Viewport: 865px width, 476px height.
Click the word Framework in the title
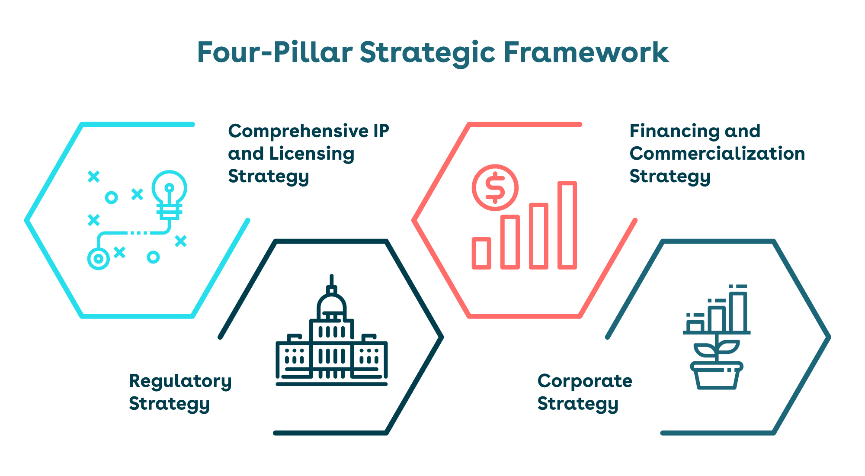tap(586, 52)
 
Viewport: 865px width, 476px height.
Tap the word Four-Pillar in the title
tap(275, 52)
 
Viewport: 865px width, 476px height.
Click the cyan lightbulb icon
tap(169, 196)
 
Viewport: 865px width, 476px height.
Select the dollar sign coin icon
tap(495, 187)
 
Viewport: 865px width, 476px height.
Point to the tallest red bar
tap(567, 225)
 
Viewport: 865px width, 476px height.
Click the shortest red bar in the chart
tap(481, 253)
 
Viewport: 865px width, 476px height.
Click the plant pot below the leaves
tap(716, 376)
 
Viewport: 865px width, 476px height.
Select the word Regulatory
tap(180, 382)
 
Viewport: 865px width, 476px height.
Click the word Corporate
tap(585, 381)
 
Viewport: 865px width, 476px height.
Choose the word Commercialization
tap(717, 154)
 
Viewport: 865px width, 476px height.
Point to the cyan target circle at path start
tap(99, 259)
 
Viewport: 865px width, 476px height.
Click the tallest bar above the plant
tap(738, 312)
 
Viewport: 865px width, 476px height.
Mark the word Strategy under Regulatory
tap(170, 404)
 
